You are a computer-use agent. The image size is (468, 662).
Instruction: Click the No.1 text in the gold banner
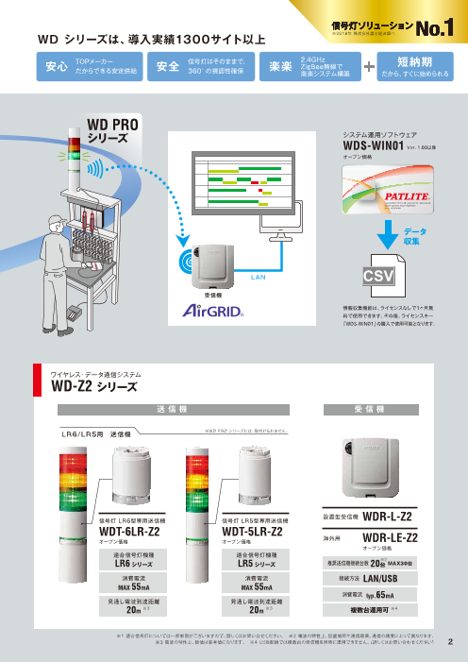click(435, 30)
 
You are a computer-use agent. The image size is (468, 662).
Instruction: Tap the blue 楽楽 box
click(279, 66)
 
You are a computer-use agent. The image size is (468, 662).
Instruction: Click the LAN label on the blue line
click(257, 277)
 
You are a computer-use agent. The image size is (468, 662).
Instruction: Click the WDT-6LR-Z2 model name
click(132, 532)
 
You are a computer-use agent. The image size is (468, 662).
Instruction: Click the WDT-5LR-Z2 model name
click(252, 532)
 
